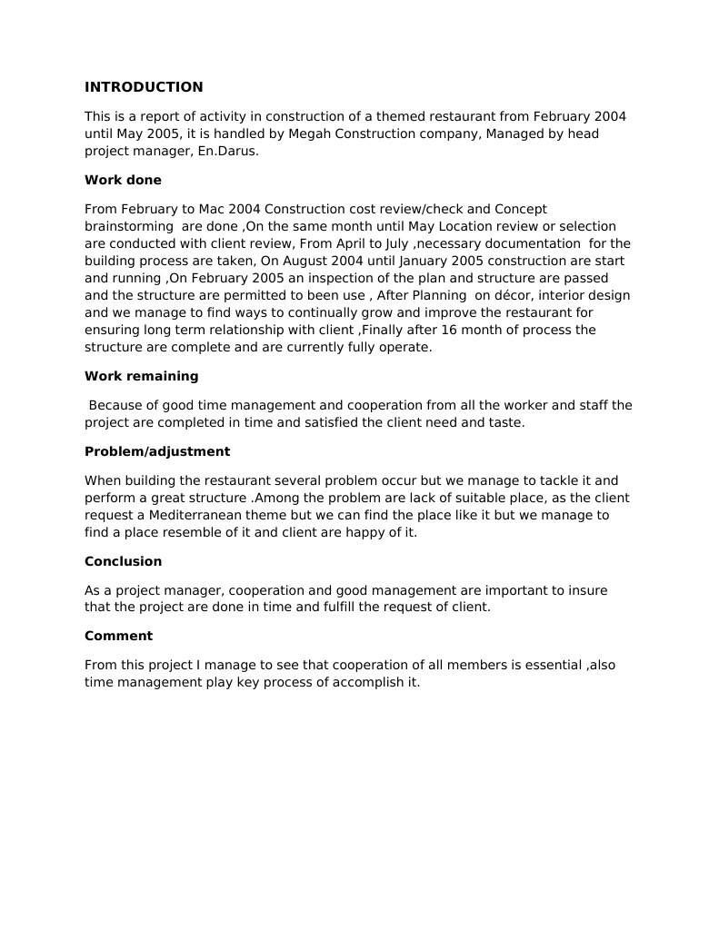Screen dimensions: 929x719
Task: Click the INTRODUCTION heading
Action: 144,87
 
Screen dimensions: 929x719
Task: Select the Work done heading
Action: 123,180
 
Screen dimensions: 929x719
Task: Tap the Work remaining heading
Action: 141,376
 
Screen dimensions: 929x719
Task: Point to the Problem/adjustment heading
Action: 156,451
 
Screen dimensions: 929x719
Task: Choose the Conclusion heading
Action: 123,561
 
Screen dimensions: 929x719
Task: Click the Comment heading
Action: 118,636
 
